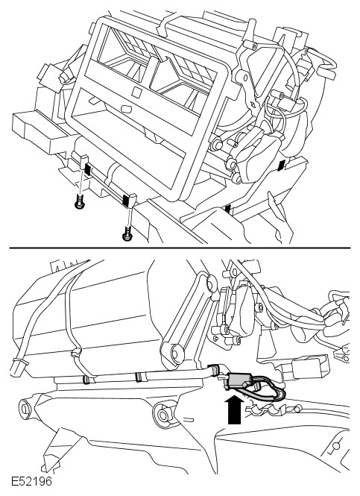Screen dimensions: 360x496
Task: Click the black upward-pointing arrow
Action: coord(235,409)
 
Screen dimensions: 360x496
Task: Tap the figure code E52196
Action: coord(31,481)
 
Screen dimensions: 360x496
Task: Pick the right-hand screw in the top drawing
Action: coord(127,233)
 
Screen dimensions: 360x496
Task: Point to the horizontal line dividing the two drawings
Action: coord(180,248)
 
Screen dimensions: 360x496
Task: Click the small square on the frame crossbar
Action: coord(137,92)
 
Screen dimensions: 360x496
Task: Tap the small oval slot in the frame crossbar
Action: coord(127,108)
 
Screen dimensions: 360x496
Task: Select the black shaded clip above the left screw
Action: coord(87,169)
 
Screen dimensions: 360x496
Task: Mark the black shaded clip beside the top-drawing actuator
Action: coord(281,166)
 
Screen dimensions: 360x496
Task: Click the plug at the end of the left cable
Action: coord(17,368)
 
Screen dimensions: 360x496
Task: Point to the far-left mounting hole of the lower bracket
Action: coord(24,408)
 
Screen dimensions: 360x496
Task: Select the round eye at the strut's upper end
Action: coord(210,282)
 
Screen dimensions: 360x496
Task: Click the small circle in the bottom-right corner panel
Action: coord(335,446)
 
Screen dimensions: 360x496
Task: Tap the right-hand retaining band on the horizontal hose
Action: coord(138,377)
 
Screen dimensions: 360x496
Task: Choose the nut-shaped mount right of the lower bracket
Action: coord(164,413)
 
